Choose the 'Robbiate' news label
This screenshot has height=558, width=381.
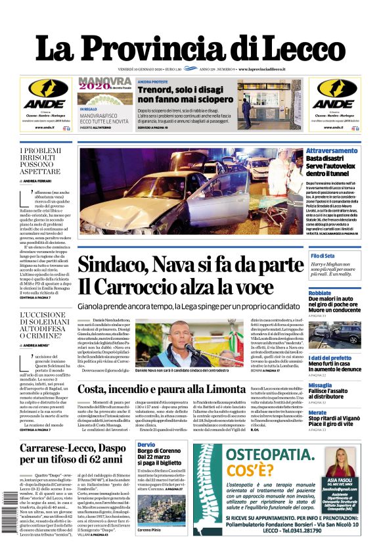(x=321, y=293)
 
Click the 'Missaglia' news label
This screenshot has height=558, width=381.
(x=321, y=384)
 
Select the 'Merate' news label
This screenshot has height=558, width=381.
(x=318, y=412)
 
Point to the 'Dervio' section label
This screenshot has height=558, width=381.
(x=146, y=445)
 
